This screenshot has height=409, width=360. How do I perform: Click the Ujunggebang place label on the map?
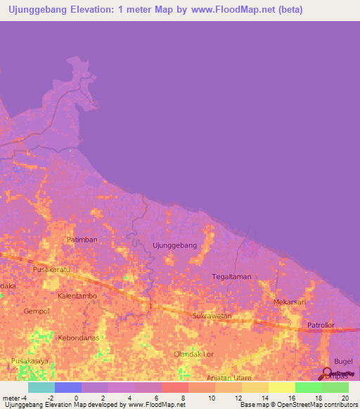tap(174, 245)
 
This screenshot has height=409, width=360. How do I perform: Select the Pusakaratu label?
tap(52, 269)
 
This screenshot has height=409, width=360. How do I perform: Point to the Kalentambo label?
tap(77, 296)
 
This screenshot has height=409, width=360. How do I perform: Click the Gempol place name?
tap(36, 311)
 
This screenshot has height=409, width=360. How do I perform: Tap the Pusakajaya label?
tap(29, 361)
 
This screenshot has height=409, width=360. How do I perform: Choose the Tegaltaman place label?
tap(231, 277)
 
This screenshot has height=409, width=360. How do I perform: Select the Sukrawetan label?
tap(212, 316)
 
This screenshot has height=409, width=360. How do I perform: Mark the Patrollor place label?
tap(321, 325)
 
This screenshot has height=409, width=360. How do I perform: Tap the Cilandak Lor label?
tap(194, 354)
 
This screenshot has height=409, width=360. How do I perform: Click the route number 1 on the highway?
tap(149, 304)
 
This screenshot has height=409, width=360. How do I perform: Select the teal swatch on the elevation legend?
tap(41, 387)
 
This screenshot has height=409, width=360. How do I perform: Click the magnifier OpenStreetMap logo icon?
tap(328, 373)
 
